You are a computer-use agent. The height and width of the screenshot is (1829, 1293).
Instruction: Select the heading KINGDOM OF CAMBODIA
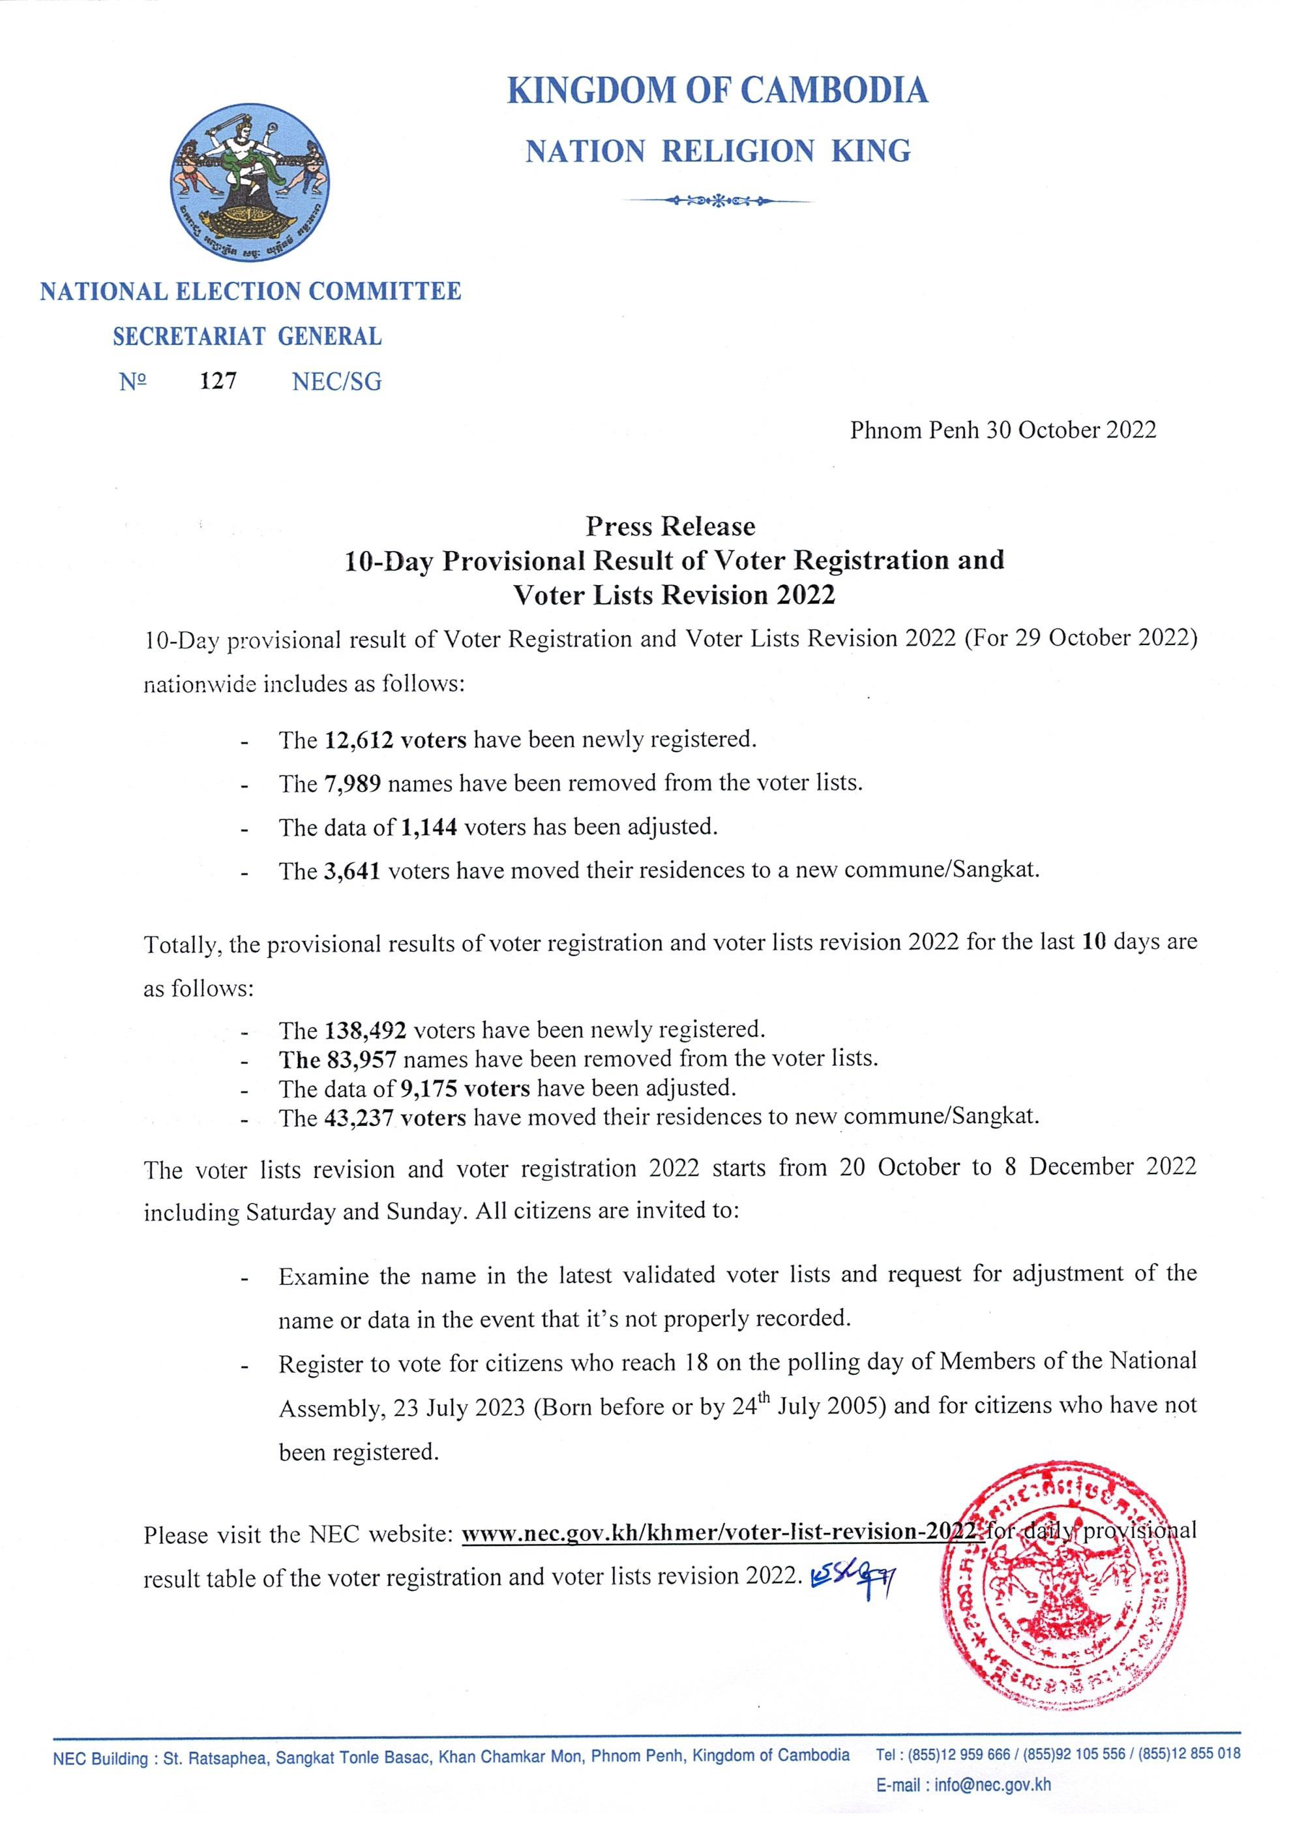tap(717, 91)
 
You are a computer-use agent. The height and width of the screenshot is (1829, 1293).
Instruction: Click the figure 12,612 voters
tap(396, 740)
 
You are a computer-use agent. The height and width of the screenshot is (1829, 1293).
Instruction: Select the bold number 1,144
tap(426, 827)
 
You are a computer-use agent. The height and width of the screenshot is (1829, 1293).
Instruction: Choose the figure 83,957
tap(361, 1059)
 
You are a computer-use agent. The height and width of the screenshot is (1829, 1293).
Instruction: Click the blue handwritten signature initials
tap(851, 1577)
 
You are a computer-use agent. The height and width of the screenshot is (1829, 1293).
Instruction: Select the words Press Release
tap(670, 526)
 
